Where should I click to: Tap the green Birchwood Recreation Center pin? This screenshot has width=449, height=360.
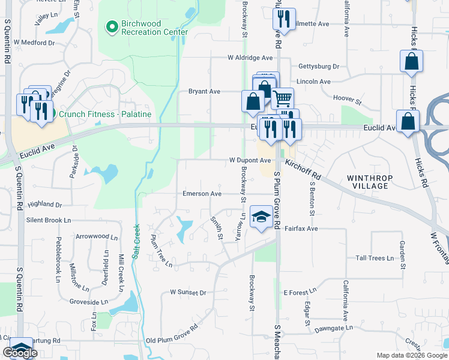111,26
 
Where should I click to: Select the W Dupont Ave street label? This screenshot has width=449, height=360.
250,160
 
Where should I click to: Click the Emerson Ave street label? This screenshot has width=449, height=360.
202,194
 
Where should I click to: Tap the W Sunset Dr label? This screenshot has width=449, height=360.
188,293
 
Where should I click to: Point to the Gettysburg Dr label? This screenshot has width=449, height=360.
318,67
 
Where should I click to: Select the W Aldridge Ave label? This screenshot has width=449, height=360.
250,58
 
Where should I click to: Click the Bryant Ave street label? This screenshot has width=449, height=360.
204,92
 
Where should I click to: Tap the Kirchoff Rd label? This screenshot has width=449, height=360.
303,171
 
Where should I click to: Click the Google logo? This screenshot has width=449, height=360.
20,352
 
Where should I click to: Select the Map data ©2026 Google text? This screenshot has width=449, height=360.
412,355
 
